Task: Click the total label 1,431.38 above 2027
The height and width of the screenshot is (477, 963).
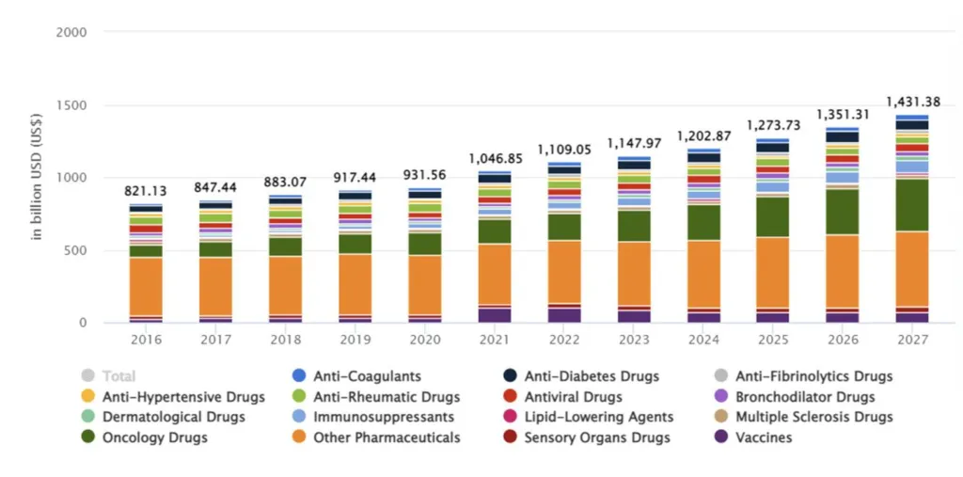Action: (x=911, y=101)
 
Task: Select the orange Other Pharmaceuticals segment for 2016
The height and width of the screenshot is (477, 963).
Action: (x=146, y=286)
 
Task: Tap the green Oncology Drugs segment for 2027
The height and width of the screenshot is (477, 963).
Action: (x=911, y=204)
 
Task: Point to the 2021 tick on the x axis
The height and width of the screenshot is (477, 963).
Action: (x=494, y=339)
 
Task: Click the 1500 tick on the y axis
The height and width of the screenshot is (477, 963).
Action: (x=71, y=105)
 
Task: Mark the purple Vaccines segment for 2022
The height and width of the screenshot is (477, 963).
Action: (x=564, y=314)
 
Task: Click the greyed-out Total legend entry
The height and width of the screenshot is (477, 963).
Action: (x=118, y=376)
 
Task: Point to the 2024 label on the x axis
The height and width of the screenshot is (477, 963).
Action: (x=703, y=339)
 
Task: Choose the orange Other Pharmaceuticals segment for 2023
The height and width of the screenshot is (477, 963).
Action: (x=633, y=274)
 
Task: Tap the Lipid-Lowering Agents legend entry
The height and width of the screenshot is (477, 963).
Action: (x=599, y=417)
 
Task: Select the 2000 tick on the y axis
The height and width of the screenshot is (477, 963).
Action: (x=71, y=32)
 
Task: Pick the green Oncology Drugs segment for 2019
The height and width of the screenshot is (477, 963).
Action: (x=355, y=243)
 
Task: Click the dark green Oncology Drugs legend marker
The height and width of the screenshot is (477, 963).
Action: (x=88, y=437)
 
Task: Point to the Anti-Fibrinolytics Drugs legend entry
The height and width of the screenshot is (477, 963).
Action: (x=813, y=376)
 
